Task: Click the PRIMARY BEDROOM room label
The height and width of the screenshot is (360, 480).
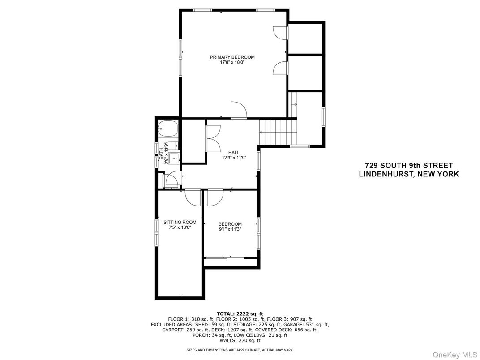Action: [232, 57]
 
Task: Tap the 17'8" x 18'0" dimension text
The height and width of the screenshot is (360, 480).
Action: [232, 63]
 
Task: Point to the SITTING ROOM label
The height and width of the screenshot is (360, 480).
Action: [180, 222]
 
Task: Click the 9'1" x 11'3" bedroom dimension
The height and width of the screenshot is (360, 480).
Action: [230, 230]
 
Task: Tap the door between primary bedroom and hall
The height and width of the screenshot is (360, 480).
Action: [237, 111]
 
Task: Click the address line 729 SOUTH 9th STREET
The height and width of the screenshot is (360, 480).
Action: [409, 166]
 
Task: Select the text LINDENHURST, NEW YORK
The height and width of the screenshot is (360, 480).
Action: [409, 174]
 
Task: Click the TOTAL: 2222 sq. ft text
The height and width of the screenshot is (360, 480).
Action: [240, 313]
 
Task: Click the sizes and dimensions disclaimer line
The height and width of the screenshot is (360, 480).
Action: [240, 349]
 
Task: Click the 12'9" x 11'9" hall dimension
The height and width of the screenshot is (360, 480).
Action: [234, 158]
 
